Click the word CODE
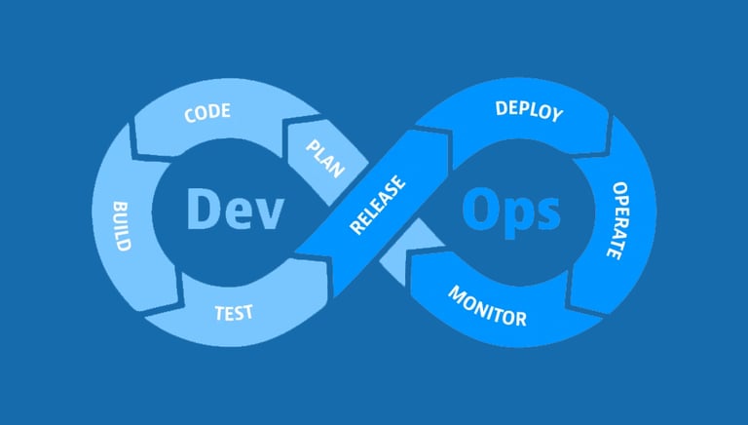[x=206, y=112]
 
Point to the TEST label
[x=234, y=312]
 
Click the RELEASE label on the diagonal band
[x=378, y=206]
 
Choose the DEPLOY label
[x=529, y=111]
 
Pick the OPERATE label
[x=618, y=219]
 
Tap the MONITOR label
[x=487, y=306]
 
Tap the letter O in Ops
[x=480, y=209]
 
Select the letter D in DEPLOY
[x=501, y=107]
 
